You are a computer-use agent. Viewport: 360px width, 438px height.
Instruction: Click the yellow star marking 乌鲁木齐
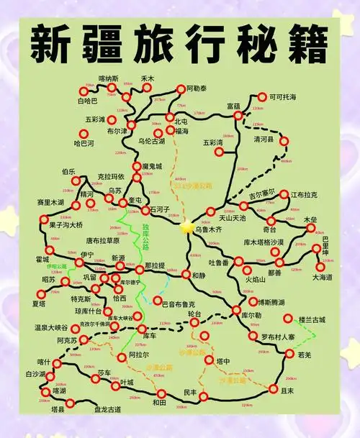click(188, 226)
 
